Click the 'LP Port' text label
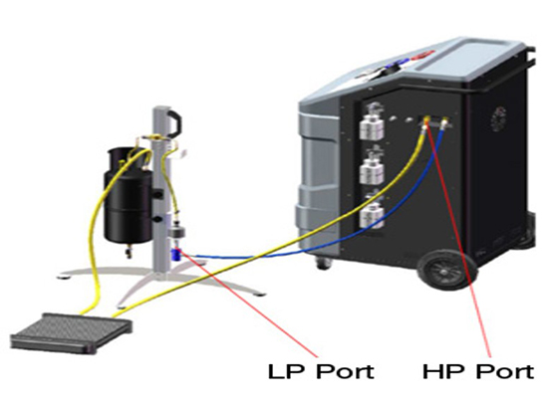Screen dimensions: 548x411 [x=321, y=371]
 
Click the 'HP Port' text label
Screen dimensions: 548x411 [x=478, y=371]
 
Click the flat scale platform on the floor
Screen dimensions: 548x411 [x=72, y=332]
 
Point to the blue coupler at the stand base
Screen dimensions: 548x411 [x=175, y=256]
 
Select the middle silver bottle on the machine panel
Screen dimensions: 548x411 [x=372, y=167]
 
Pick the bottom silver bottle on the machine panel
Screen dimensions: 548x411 [x=372, y=212]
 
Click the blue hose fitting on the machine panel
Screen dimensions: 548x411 [x=444, y=123]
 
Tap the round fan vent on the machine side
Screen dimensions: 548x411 [x=498, y=118]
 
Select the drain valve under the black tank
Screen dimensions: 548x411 [x=129, y=251]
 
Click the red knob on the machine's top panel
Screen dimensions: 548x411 [x=423, y=55]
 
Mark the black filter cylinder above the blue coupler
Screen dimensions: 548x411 [x=176, y=232]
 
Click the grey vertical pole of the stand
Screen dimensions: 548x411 [x=160, y=192]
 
